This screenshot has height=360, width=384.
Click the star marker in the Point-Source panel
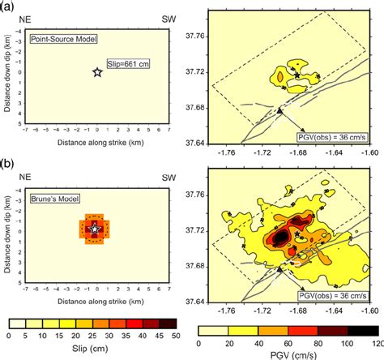tap(97, 73)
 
